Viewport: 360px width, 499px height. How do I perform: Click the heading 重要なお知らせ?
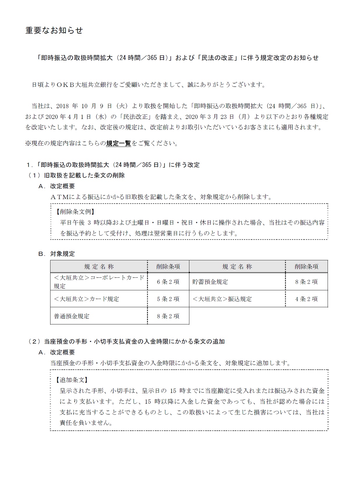point(54,30)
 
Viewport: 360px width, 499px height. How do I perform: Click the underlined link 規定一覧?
point(118,143)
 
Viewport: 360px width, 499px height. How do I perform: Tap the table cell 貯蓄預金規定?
point(210,282)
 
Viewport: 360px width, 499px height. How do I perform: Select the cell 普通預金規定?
point(71,316)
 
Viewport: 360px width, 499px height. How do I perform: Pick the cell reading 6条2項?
point(168,282)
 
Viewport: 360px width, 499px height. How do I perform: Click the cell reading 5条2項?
point(168,299)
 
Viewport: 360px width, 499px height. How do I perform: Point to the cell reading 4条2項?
point(306,299)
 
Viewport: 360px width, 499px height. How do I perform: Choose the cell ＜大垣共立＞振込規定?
point(222,299)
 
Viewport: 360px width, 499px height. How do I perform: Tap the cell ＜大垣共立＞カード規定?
point(86,299)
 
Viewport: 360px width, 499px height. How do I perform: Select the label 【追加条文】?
point(72,380)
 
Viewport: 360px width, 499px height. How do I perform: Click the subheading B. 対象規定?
point(57,254)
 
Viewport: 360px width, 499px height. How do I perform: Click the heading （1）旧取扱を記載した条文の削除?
point(76,175)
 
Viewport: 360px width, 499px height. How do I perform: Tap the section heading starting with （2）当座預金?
point(126,342)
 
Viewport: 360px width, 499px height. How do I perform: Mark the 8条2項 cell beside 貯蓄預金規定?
point(306,282)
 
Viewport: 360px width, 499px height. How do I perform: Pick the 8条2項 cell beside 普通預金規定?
point(168,316)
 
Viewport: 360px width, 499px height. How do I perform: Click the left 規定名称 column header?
point(99,267)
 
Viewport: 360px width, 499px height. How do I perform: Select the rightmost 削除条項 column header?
point(306,267)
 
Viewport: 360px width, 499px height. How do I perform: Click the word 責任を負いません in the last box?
point(86,423)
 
